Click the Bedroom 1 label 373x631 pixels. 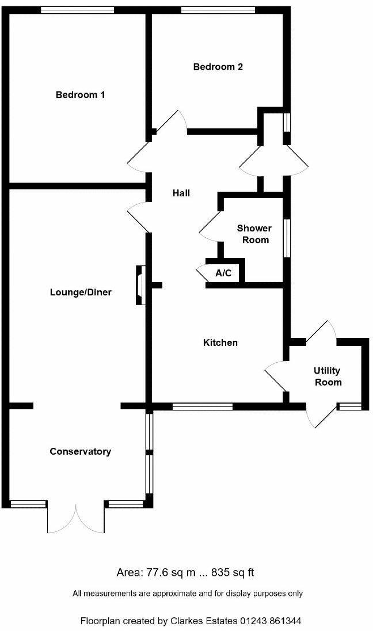coord(80,94)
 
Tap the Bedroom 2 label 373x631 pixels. coord(218,67)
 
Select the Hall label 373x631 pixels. coord(181,193)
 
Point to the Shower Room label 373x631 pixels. coord(254,234)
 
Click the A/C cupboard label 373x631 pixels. coord(223,273)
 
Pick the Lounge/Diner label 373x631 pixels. coord(81,292)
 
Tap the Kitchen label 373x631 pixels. coord(220,343)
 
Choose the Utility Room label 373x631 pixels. coord(328,377)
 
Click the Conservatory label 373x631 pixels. coord(80,451)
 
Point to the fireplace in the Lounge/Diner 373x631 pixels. coord(140,284)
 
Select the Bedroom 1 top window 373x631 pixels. coord(77,10)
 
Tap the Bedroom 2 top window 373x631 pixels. coord(218,10)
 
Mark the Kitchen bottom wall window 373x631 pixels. coord(202,406)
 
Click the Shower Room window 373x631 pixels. coord(286,236)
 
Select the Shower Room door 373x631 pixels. coord(211,227)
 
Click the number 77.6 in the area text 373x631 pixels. coord(153,572)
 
